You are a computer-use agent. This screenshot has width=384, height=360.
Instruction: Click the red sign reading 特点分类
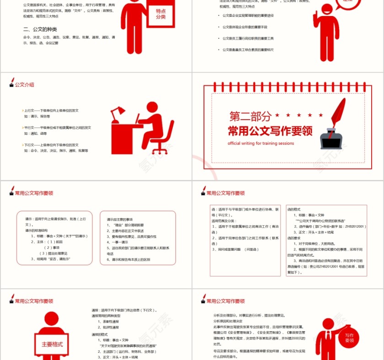click(160, 14)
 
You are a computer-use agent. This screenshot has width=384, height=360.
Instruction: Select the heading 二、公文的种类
click(39, 29)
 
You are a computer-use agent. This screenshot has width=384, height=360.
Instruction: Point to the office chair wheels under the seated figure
click(160, 151)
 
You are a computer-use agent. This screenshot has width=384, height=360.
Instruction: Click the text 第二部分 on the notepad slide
click(250, 116)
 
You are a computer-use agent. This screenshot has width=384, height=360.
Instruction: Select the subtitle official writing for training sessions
click(261, 143)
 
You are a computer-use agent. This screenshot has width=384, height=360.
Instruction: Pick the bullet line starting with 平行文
click(57, 127)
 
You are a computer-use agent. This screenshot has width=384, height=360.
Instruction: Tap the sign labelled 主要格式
click(52, 344)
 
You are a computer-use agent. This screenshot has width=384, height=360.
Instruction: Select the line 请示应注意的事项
click(120, 219)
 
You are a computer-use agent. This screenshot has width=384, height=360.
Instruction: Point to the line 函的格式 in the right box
click(293, 209)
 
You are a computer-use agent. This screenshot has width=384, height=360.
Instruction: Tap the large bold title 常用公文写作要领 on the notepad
click(270, 131)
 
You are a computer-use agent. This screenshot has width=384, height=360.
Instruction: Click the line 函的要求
click(293, 238)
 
